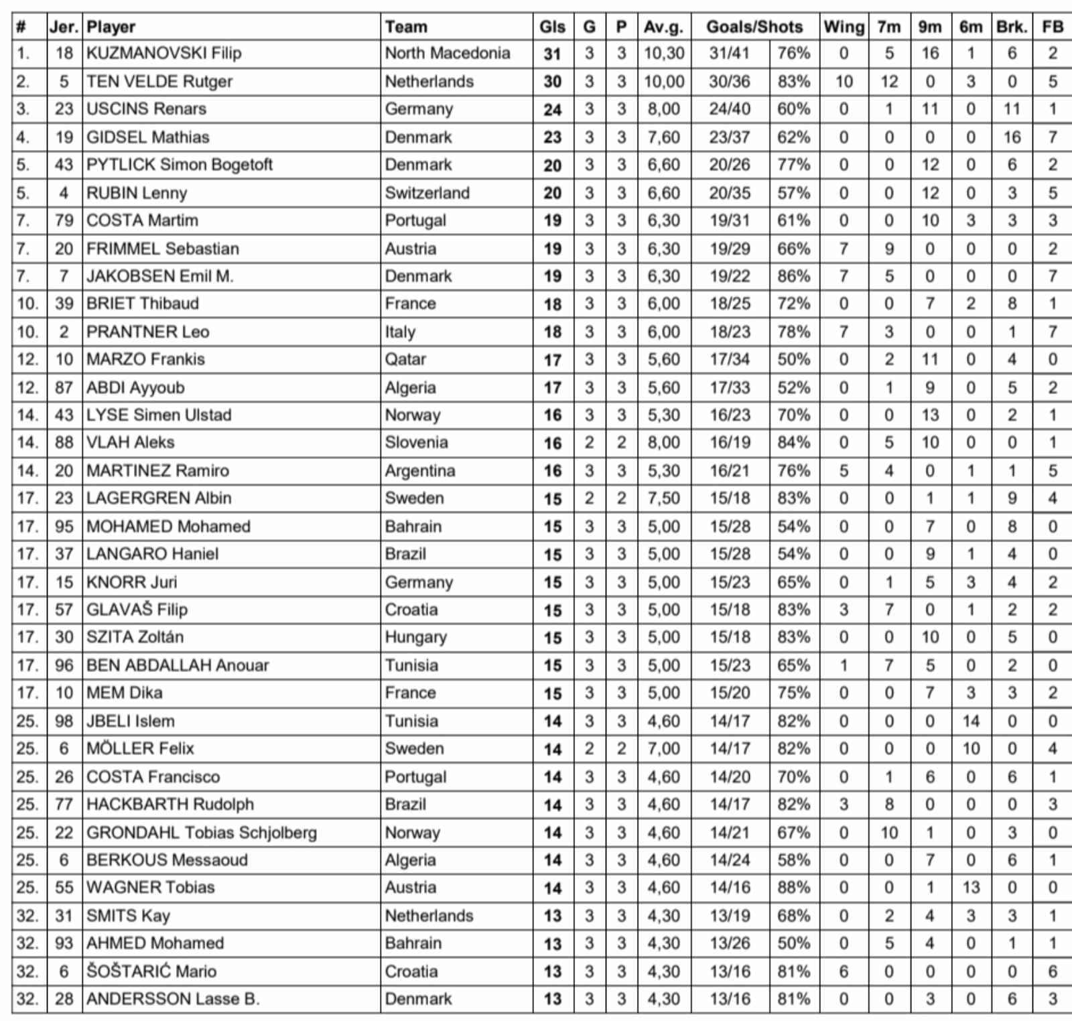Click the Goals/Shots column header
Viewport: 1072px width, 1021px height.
tap(754, 27)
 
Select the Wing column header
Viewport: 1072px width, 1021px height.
tap(844, 27)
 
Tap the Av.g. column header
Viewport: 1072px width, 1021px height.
tap(663, 27)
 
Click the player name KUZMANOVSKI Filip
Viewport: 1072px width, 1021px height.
tap(164, 53)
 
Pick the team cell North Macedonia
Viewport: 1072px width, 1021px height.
tap(448, 53)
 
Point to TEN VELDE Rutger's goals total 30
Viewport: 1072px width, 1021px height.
tap(552, 82)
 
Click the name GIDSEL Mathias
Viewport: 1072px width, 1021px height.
tap(148, 137)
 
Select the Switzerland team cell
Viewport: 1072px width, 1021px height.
tap(427, 193)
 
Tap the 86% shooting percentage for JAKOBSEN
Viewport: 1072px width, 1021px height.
tap(794, 276)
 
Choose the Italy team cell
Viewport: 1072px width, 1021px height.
tap(400, 332)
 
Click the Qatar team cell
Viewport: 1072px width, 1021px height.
tap(405, 359)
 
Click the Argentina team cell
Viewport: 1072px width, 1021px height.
tap(420, 470)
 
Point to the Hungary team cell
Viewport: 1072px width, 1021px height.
tap(415, 637)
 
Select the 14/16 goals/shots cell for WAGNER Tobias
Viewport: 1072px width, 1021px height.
tap(730, 888)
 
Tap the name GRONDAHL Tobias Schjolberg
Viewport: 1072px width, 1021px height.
tap(202, 832)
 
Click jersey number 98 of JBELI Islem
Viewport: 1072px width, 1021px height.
tap(64, 721)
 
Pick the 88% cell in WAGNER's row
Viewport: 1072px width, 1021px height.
tap(794, 888)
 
